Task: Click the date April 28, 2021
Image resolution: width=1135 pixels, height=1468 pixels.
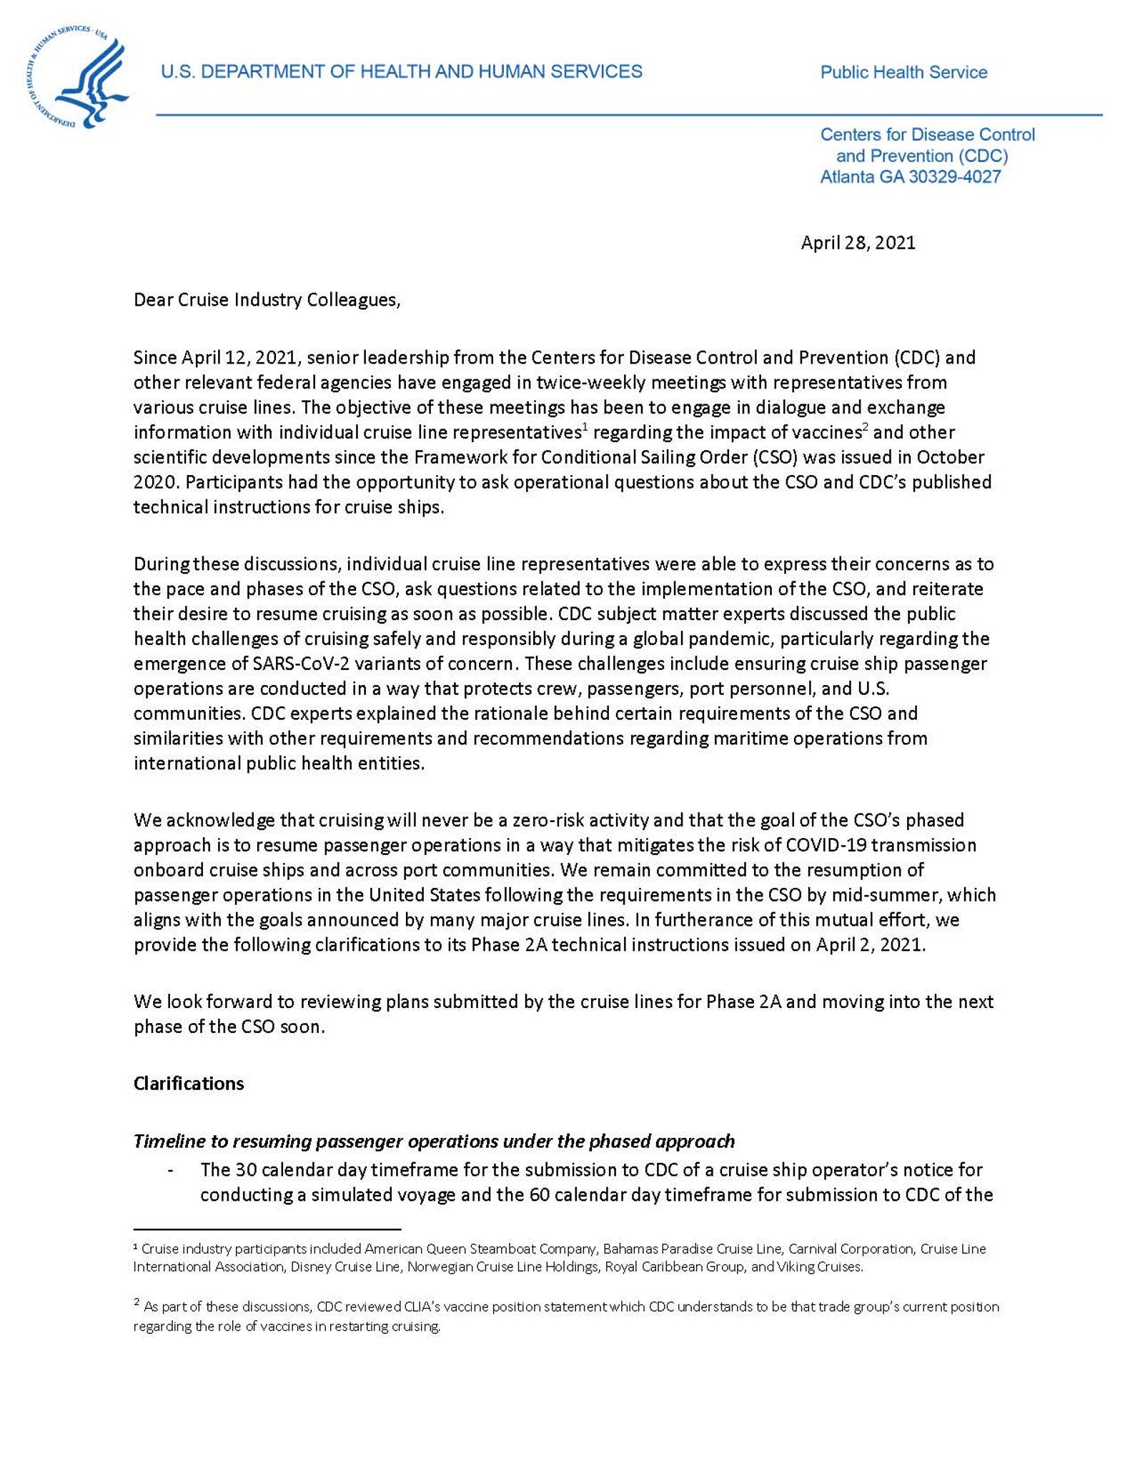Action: click(x=857, y=243)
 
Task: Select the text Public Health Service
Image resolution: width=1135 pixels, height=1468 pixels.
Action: click(x=903, y=72)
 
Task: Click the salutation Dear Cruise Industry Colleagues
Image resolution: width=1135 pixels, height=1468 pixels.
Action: click(x=267, y=299)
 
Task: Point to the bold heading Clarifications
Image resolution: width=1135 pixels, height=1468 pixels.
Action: click(x=189, y=1083)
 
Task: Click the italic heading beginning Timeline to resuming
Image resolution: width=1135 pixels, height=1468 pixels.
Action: click(x=434, y=1141)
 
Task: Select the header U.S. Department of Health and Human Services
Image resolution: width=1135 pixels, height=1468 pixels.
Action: click(x=401, y=71)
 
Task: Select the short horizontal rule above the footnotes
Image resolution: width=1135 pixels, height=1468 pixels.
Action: click(x=267, y=1229)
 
